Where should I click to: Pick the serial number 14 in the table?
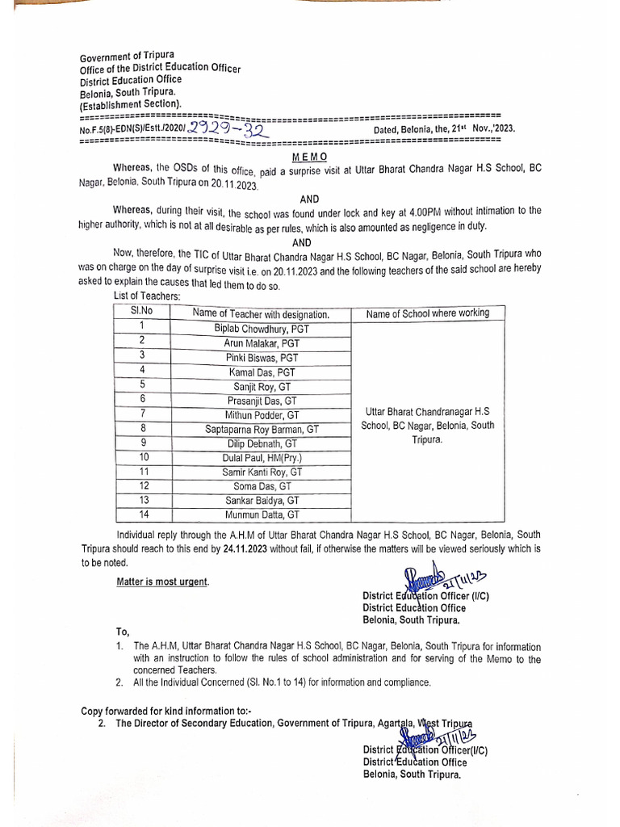tap(143, 514)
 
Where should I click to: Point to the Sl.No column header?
tap(143, 313)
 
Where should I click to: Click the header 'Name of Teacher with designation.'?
tap(261, 314)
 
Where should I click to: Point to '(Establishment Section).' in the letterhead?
tap(131, 105)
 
